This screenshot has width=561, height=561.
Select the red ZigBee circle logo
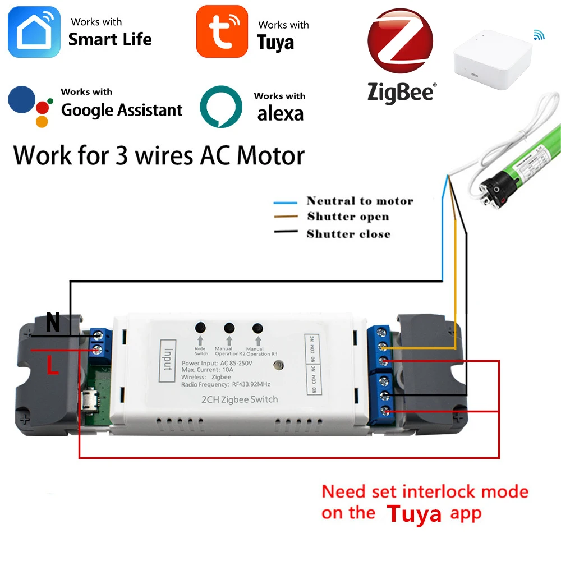400,42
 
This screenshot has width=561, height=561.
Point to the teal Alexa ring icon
221,107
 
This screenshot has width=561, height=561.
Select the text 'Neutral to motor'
360,201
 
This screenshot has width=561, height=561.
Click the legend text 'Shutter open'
348,217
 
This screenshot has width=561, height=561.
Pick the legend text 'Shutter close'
348,234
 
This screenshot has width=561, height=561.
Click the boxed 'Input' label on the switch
168,361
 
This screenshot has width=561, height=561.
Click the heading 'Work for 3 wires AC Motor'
159,155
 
